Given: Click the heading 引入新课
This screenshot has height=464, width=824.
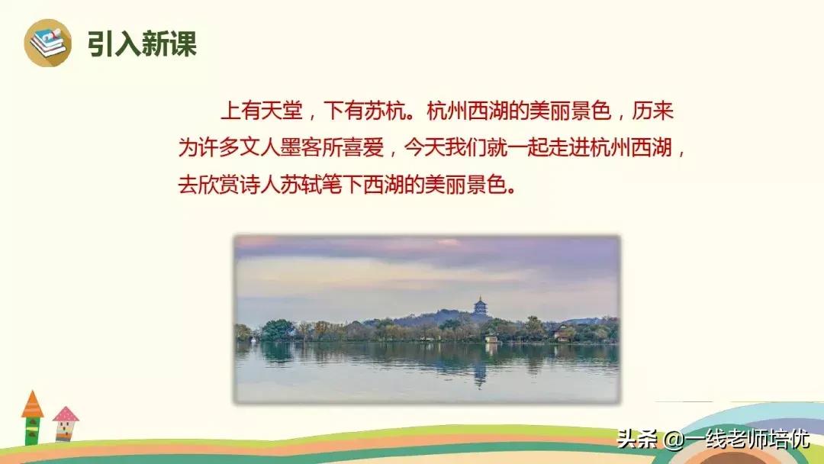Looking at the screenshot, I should [x=142, y=43].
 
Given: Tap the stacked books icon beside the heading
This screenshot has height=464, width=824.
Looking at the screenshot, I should [x=47, y=43].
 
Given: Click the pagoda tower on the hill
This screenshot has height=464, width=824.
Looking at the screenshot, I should [x=481, y=307].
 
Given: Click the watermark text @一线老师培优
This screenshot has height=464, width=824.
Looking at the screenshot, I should [x=735, y=440].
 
